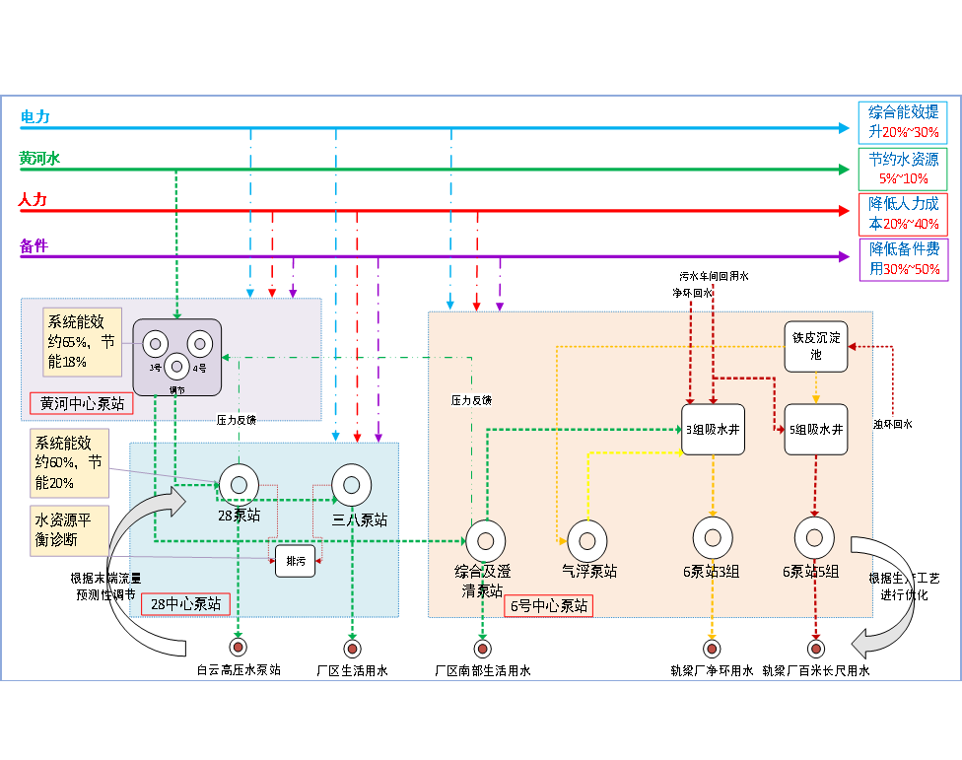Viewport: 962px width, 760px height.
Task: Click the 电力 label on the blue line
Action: pyautogui.click(x=35, y=117)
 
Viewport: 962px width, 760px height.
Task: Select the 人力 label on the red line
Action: pyautogui.click(x=33, y=200)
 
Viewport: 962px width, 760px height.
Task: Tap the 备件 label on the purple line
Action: pyautogui.click(x=34, y=245)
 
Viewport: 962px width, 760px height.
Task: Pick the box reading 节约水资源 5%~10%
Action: pyautogui.click(x=903, y=169)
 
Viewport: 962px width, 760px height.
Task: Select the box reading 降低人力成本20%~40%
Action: pyautogui.click(x=903, y=213)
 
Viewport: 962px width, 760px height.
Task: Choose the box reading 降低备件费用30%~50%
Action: pyautogui.click(x=903, y=259)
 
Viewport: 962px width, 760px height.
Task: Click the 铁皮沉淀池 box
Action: pyautogui.click(x=815, y=346)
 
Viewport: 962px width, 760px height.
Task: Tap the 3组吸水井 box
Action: pyautogui.click(x=712, y=429)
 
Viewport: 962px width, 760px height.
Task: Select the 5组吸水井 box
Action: pyautogui.click(x=815, y=429)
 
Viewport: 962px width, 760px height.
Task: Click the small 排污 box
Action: pyautogui.click(x=295, y=560)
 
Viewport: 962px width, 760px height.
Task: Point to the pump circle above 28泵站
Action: pyautogui.click(x=238, y=483)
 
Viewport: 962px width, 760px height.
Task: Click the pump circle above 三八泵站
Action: pyautogui.click(x=351, y=483)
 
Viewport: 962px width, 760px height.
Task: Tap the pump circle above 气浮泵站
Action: pyautogui.click(x=586, y=540)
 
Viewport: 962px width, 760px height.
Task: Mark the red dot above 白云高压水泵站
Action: pyautogui.click(x=238, y=648)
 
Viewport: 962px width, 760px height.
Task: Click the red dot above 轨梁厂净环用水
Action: pyautogui.click(x=712, y=648)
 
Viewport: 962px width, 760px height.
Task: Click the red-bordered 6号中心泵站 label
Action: pyautogui.click(x=550, y=605)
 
